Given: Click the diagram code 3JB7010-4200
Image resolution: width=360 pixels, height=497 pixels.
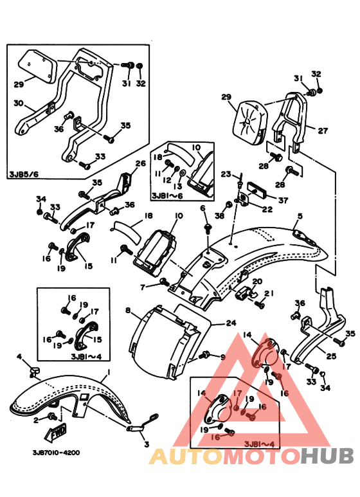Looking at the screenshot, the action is pyautogui.click(x=56, y=452).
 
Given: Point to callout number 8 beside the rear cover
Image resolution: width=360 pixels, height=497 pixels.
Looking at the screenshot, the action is pyautogui.click(x=128, y=310).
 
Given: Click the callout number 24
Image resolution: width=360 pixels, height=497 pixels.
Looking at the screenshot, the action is pyautogui.click(x=231, y=323).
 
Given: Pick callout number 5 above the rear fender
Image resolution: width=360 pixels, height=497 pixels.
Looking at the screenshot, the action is pyautogui.click(x=300, y=216).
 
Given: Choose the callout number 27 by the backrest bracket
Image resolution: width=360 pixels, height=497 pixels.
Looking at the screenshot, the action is pyautogui.click(x=323, y=131).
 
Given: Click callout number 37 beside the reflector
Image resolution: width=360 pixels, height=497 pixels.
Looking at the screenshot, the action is pyautogui.click(x=283, y=201).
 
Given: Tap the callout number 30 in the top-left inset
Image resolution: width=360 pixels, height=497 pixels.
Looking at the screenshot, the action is pyautogui.click(x=19, y=104).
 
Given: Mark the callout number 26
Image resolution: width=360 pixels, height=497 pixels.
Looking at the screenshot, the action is pyautogui.click(x=140, y=163).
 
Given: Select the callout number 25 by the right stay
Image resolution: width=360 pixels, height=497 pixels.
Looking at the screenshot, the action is pyautogui.click(x=331, y=357).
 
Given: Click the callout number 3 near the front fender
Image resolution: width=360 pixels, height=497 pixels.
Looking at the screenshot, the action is pyautogui.click(x=147, y=444).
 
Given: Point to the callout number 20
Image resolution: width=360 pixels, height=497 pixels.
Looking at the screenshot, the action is pyautogui.click(x=257, y=282).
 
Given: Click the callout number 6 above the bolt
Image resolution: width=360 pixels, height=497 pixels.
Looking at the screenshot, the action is pyautogui.click(x=203, y=208).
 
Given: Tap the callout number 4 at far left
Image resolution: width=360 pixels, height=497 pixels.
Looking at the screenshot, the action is pyautogui.click(x=19, y=357).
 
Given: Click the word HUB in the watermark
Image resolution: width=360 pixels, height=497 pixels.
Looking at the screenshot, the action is pyautogui.click(x=327, y=456).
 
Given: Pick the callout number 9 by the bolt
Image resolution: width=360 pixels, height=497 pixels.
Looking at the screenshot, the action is pyautogui.click(x=223, y=357).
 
